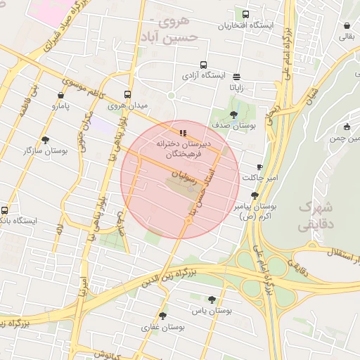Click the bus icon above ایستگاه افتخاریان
tap(245, 14)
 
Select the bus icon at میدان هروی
tap(127, 94)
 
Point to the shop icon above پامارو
tap(60, 95)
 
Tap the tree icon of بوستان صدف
tap(234, 115)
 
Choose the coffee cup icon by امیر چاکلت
tap(259, 167)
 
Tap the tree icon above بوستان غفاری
tap(162, 316)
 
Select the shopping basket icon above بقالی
tap(347, 26)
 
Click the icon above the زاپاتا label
tap(236, 77)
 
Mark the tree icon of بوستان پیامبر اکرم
tap(255, 195)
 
